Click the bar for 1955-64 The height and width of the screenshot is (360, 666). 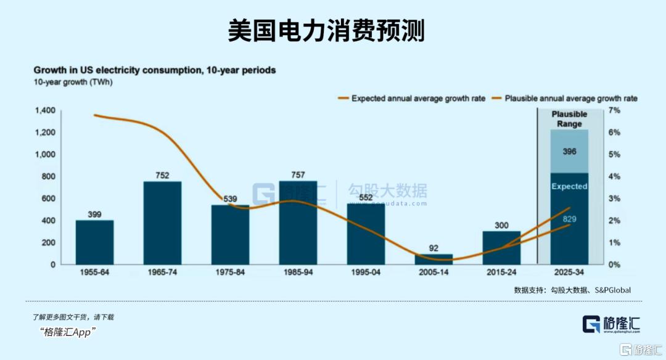94,242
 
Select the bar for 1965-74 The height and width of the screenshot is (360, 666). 162,223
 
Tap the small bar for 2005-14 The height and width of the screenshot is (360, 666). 434,259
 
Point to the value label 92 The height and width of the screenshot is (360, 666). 434,248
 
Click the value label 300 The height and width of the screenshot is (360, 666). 501,225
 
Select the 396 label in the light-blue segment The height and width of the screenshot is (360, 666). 569,151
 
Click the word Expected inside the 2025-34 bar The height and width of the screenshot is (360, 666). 569,186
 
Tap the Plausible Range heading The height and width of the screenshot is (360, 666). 569,119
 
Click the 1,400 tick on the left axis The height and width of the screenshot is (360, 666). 45,110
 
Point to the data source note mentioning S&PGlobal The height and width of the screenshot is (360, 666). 572,290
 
